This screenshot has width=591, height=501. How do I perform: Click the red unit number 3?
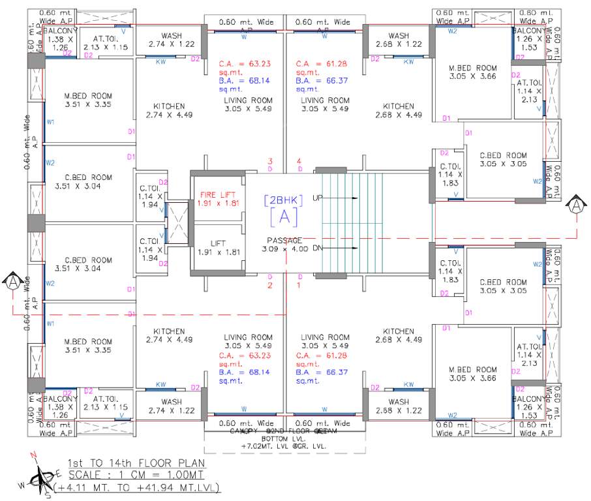point(269,161)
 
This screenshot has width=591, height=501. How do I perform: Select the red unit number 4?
point(299,161)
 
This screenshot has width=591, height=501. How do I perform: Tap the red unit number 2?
point(269,285)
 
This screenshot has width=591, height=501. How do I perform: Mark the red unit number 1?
point(299,285)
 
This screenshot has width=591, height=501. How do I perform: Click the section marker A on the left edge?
point(12,282)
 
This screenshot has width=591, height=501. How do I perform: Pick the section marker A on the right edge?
point(577,206)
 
